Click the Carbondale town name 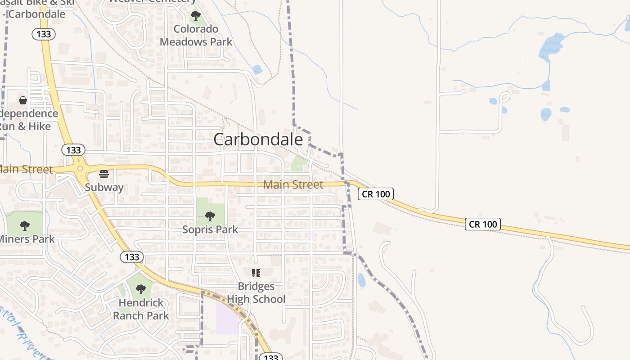pyautogui.click(x=258, y=139)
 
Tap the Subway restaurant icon pyautogui.click(x=104, y=174)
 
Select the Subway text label pyautogui.click(x=104, y=187)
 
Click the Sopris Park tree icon pyautogui.click(x=210, y=216)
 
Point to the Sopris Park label pyautogui.click(x=210, y=229)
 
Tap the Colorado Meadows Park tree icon pyautogui.click(x=195, y=16)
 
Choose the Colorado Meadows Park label pyautogui.click(x=196, y=36)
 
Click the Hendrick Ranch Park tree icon pyautogui.click(x=140, y=289)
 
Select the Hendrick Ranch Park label pyautogui.click(x=141, y=309)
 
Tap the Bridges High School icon pyautogui.click(x=256, y=273)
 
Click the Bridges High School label pyautogui.click(x=256, y=292)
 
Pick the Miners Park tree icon pyautogui.click(x=25, y=225)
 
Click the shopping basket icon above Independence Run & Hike pyautogui.click(x=23, y=100)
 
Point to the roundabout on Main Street pyautogui.click(x=80, y=168)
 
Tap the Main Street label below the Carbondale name pyautogui.click(x=293, y=184)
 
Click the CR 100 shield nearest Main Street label pyautogui.click(x=376, y=194)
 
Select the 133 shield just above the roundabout pyautogui.click(x=73, y=150)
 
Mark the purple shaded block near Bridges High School pyautogui.click(x=228, y=318)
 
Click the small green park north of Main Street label pyautogui.click(x=299, y=164)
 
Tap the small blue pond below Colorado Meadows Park pyautogui.click(x=257, y=69)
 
